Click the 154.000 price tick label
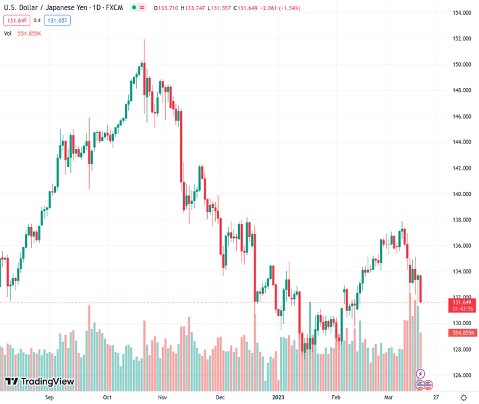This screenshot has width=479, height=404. pos(461,13)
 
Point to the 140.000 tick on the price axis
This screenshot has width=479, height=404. pos(461,194)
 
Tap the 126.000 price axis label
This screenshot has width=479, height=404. pos(461,375)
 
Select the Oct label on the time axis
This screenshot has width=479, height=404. pos(107,397)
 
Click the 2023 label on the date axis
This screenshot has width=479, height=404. pos(278,397)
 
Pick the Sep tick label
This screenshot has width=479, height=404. pos(49,397)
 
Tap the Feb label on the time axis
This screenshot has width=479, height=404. pos(336,397)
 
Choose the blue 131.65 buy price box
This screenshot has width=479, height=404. pos(57,20)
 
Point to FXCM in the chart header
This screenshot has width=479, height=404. pos(113,8)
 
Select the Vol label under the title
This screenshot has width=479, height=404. pos(7,33)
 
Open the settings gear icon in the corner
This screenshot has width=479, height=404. pos(463,397)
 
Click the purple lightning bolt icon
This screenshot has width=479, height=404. pos(420,374)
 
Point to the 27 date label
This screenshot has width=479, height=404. pos(436,397)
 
